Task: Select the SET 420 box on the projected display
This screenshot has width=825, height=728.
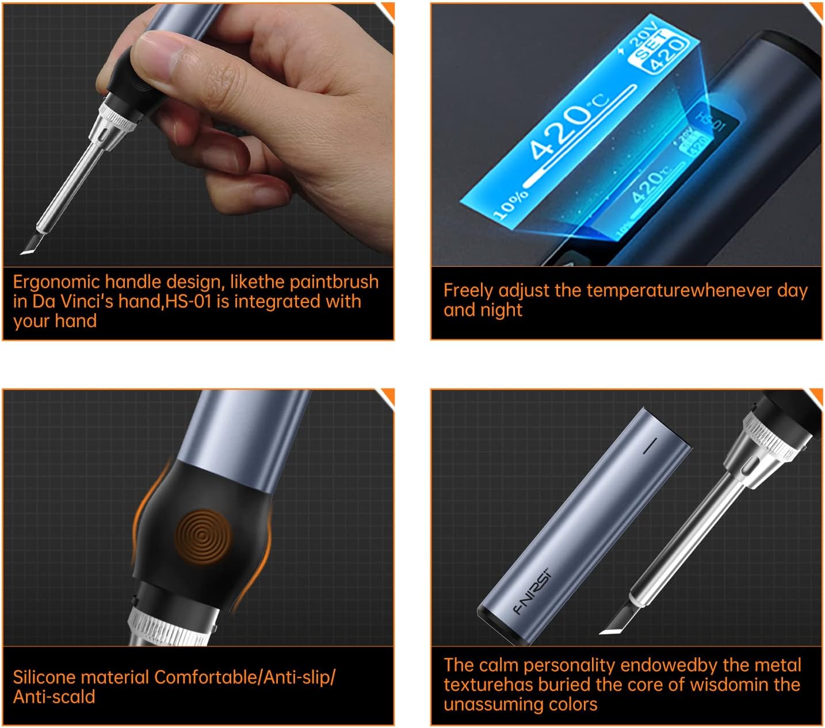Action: click(x=660, y=51)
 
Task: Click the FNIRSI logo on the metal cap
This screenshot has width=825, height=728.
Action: click(x=532, y=591)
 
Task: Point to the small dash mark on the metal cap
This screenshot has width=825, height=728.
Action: click(x=650, y=446)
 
